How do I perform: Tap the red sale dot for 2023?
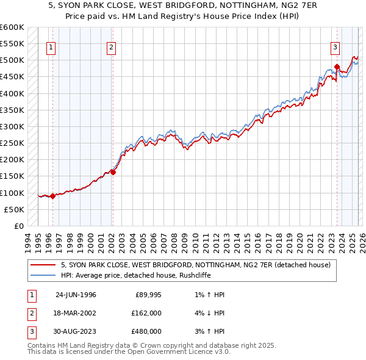[x=337, y=67]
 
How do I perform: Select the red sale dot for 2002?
[x=113, y=173]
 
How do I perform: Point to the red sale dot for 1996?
[x=53, y=196]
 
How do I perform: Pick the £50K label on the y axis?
[x=14, y=209]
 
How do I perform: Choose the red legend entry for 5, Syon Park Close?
[x=195, y=265]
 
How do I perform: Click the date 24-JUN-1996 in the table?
[x=76, y=295]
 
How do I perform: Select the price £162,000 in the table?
[x=146, y=313]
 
